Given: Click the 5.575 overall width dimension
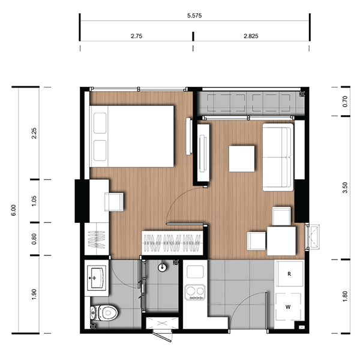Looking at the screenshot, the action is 194,16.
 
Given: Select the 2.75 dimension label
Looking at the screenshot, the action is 136,36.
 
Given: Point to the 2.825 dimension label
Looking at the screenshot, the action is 251,36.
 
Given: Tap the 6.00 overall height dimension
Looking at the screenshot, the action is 14,210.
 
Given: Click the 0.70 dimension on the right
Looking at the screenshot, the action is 345,101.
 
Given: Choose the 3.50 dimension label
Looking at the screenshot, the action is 345,188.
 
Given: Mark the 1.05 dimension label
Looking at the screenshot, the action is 34,201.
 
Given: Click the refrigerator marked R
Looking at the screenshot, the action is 289,274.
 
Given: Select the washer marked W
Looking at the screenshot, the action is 289,307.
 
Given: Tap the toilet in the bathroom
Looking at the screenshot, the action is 104,313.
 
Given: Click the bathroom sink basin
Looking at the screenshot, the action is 97,277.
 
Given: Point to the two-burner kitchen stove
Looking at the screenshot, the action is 195,292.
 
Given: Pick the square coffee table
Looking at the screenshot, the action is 242,159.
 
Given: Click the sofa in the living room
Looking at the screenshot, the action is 278,157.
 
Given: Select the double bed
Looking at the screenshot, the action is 132,136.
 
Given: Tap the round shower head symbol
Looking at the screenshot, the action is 162,267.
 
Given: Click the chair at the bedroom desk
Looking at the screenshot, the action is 114,202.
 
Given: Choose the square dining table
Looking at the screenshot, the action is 281,241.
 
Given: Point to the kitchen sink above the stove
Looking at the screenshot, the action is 195,271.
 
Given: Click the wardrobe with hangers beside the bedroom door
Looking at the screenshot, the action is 172,243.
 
